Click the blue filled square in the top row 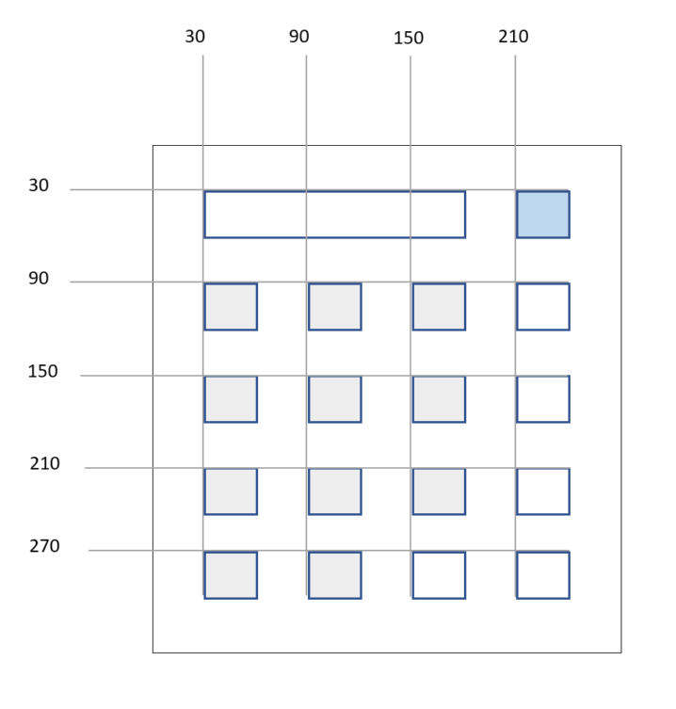tap(542, 214)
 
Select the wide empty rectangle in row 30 tap(334, 214)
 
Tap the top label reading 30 tap(195, 37)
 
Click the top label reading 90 tap(298, 37)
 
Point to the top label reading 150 tap(409, 39)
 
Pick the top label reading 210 tap(514, 37)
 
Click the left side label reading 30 tap(39, 185)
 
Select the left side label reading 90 tap(39, 279)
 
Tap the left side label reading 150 tap(42, 371)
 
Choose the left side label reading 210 tap(43, 463)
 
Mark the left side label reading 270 tap(43, 546)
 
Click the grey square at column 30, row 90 tap(231, 306)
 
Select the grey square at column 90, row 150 tap(334, 399)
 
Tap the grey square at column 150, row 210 tap(439, 491)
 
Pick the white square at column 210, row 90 tap(542, 306)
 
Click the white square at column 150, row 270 tap(439, 574)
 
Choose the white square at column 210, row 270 tap(542, 574)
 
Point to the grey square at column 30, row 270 tap(231, 574)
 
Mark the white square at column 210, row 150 tap(542, 399)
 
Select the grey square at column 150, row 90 tap(439, 306)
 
